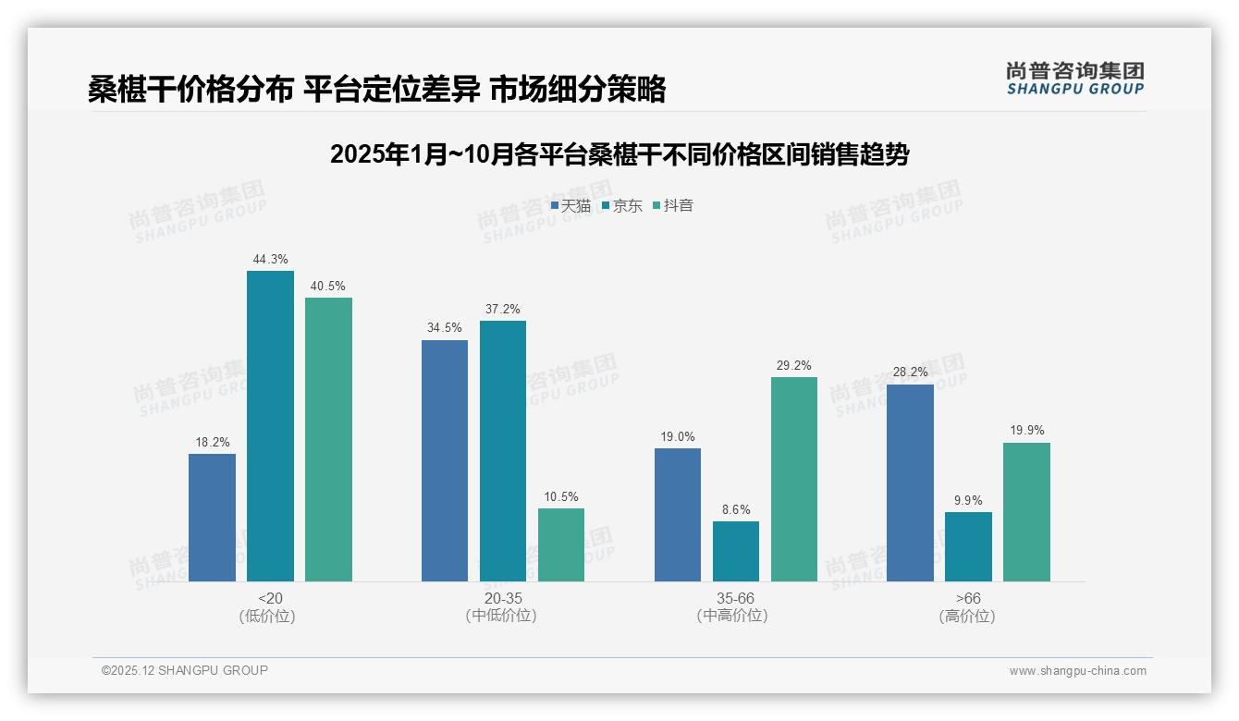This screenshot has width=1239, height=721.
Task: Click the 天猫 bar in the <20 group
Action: point(212,518)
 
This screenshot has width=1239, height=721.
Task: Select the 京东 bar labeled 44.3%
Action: point(270,426)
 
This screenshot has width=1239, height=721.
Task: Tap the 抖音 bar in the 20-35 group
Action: point(561,544)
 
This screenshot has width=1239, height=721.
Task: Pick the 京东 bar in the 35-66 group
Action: point(736,551)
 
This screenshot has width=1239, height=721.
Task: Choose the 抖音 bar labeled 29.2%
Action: point(794,479)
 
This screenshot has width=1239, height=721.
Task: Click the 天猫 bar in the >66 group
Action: point(910,483)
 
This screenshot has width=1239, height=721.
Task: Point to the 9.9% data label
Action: point(968,500)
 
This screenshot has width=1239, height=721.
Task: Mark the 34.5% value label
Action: point(445,328)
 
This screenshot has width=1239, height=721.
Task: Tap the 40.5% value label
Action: point(328,286)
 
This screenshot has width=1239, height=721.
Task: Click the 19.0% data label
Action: point(678,436)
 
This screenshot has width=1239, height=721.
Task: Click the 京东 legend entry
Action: point(622,205)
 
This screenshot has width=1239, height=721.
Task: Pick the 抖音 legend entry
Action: point(673,205)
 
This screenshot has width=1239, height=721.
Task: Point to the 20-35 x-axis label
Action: point(502,598)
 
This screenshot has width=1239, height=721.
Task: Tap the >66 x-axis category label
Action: point(968,598)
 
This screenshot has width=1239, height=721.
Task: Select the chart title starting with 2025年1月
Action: point(619,154)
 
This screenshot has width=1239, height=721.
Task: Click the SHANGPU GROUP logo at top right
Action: point(1074,79)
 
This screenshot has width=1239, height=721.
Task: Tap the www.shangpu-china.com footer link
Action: point(1077,671)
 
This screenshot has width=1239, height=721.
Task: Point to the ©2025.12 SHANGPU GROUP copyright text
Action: point(185,670)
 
